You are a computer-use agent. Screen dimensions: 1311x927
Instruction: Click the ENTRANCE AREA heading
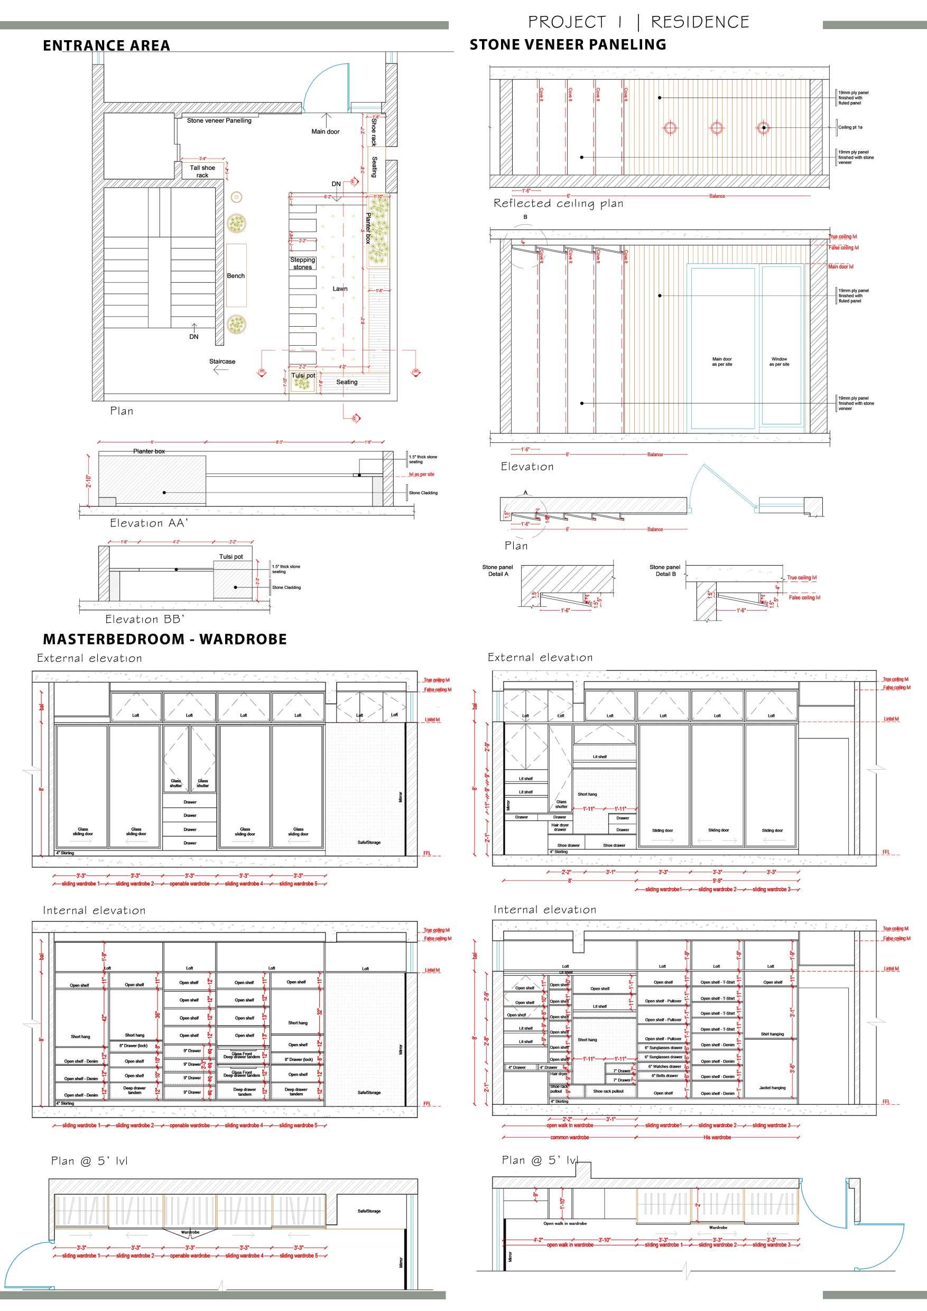pyautogui.click(x=106, y=45)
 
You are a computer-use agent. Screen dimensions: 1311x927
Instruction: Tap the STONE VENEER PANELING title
pyautogui.click(x=568, y=44)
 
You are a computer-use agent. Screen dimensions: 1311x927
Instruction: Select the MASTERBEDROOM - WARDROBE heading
pyautogui.click(x=164, y=639)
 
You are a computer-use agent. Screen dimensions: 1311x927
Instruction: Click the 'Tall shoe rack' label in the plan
pyautogui.click(x=202, y=171)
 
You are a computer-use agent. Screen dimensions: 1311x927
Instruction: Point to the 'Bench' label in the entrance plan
pyautogui.click(x=236, y=276)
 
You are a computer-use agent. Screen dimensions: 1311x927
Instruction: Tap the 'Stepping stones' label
pyautogui.click(x=302, y=263)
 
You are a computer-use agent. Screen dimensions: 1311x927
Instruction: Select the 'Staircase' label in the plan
pyautogui.click(x=222, y=362)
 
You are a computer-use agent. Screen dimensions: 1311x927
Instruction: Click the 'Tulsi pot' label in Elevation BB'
pyautogui.click(x=231, y=557)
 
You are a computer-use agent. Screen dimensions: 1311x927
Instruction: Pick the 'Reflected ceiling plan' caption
pyautogui.click(x=558, y=204)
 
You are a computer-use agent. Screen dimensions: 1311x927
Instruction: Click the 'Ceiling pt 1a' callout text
pyautogui.click(x=850, y=127)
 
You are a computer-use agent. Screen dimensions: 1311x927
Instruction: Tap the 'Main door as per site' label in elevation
pyautogui.click(x=721, y=362)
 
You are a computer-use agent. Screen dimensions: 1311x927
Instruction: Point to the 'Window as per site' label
pyautogui.click(x=779, y=362)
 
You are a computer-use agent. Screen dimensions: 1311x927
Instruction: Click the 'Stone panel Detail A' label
pyautogui.click(x=497, y=570)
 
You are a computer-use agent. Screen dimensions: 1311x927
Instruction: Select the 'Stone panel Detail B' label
pyautogui.click(x=664, y=570)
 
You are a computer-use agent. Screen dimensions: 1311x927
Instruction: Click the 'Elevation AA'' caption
pyautogui.click(x=149, y=523)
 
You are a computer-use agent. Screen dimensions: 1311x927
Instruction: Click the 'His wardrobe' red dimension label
pyautogui.click(x=717, y=1138)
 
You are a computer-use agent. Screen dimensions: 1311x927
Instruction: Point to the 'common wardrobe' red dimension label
pyautogui.click(x=569, y=1138)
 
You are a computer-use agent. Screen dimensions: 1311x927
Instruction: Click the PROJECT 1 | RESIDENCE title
pyautogui.click(x=638, y=22)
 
